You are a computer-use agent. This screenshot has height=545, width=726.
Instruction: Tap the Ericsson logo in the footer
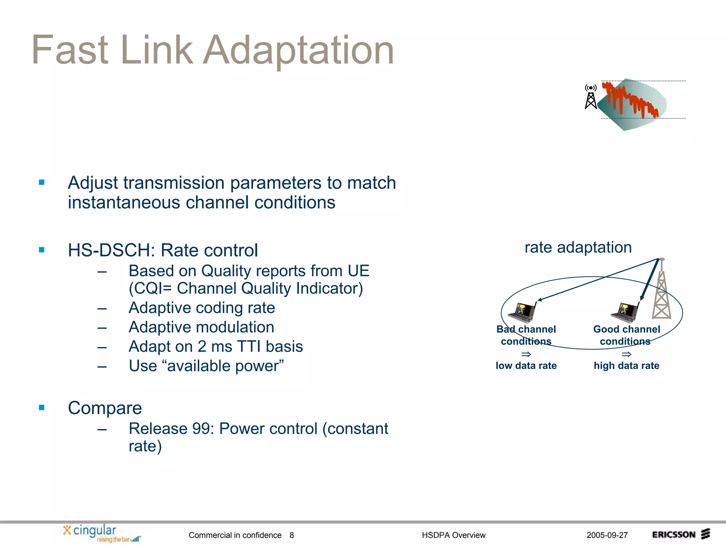[681, 534]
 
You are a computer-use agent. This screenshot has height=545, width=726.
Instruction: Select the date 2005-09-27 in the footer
[607, 535]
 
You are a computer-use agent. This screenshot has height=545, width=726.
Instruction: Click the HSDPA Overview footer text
[453, 535]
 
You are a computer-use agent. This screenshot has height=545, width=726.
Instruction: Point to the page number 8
[291, 535]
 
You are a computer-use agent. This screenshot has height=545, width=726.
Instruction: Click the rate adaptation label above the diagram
[578, 247]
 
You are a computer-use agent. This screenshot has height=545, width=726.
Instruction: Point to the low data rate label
[526, 365]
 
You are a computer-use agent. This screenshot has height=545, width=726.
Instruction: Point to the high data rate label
[626, 365]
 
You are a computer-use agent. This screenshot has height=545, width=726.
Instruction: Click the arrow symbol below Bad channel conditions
[526, 354]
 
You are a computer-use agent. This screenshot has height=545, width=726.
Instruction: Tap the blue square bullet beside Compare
[42, 408]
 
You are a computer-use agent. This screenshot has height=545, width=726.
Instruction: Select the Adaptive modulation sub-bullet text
[201, 327]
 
